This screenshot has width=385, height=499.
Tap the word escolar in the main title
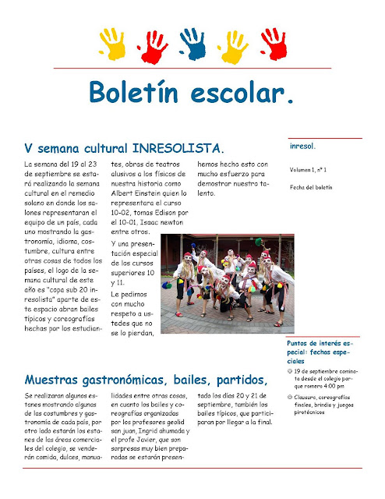[x=249, y=93]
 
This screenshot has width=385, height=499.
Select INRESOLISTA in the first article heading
[x=178, y=147]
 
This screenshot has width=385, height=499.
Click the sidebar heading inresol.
[x=302, y=146]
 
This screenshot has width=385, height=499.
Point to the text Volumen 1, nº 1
[x=308, y=169]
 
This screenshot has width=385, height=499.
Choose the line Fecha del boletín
[x=311, y=187]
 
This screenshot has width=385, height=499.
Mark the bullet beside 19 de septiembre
[x=290, y=372]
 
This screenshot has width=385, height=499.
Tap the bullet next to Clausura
[x=290, y=398]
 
